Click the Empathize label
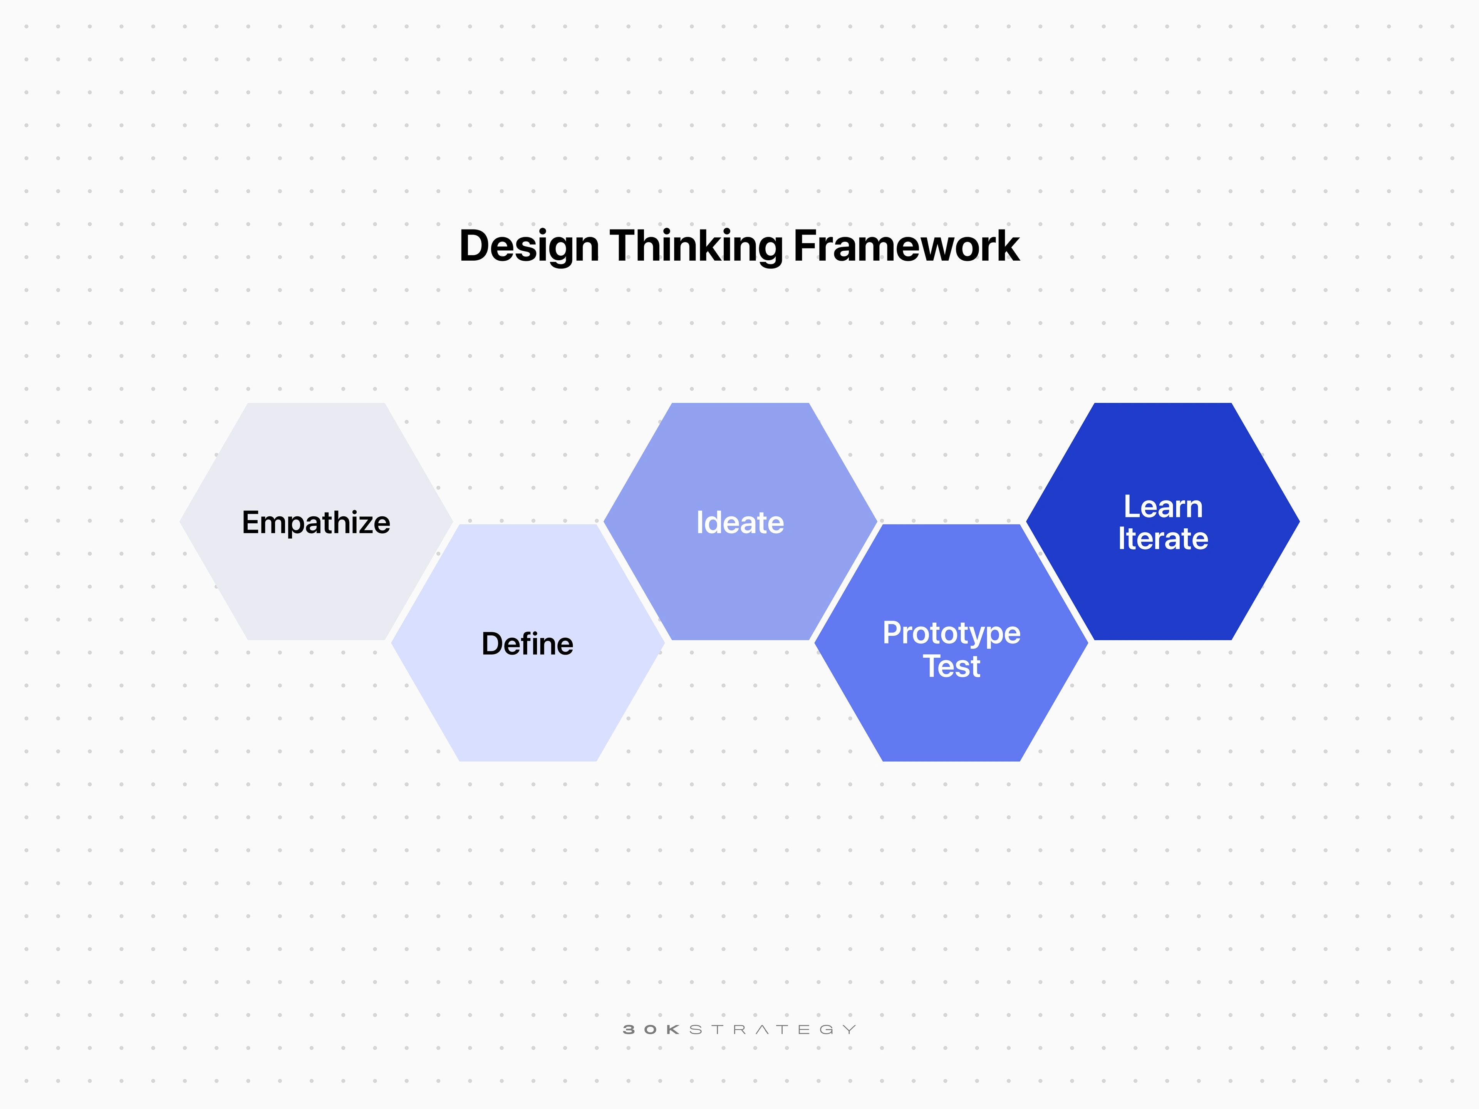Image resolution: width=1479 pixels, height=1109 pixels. click(315, 523)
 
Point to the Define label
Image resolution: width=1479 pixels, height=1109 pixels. click(528, 644)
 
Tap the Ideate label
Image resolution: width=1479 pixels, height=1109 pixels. click(739, 523)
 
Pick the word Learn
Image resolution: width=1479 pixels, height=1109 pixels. click(1163, 507)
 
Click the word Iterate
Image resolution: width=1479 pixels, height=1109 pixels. click(1163, 539)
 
